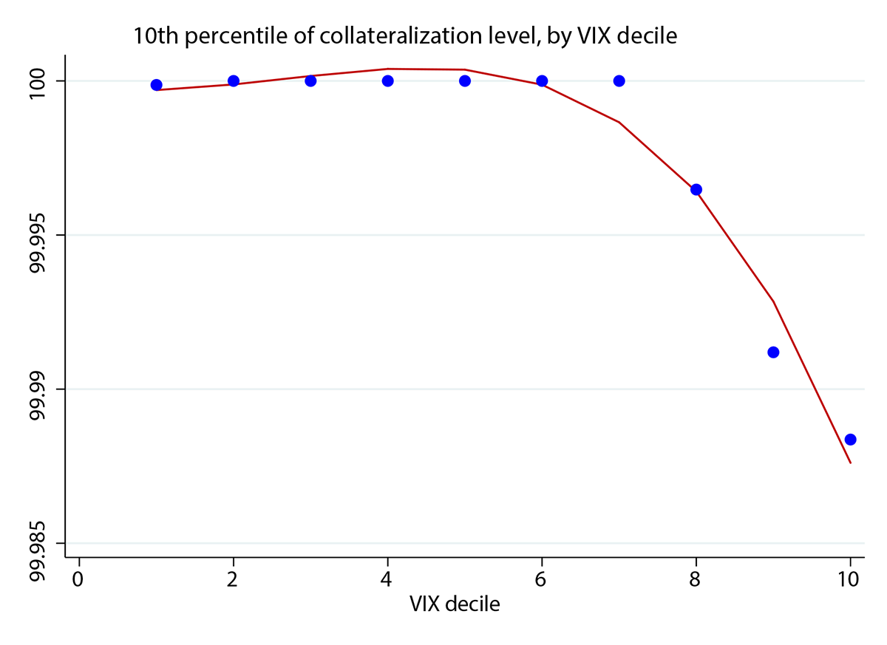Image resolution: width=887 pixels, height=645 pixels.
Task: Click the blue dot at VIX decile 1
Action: click(x=156, y=85)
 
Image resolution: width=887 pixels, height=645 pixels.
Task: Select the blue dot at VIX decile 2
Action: click(x=234, y=81)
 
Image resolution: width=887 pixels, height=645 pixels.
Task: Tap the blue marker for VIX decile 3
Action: click(x=310, y=81)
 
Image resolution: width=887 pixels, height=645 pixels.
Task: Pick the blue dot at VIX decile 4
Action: click(x=387, y=81)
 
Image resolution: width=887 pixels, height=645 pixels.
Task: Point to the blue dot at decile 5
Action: click(x=465, y=81)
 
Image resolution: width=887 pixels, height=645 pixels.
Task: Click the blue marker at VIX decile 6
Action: click(x=542, y=81)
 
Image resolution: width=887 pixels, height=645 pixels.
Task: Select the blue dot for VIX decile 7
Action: click(x=619, y=81)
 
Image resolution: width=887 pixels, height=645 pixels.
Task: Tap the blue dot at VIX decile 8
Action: click(x=696, y=189)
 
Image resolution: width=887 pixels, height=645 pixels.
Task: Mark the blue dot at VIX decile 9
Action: click(x=773, y=352)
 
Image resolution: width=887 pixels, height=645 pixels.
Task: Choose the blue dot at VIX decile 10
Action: click(x=850, y=440)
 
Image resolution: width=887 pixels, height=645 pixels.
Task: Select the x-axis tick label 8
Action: click(x=696, y=579)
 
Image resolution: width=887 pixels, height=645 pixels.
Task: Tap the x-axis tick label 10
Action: click(x=850, y=579)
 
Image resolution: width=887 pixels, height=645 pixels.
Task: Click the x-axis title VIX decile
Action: click(x=455, y=604)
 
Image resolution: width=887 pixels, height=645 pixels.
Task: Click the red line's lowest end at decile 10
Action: click(x=850, y=463)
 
